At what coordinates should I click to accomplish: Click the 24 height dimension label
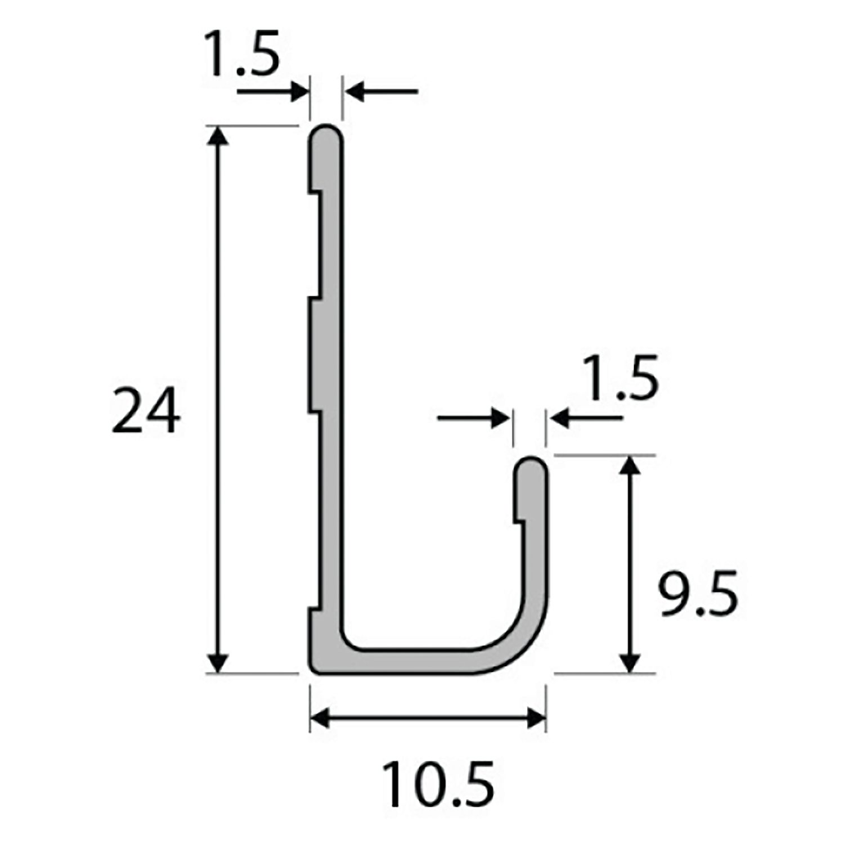pyautogui.click(x=146, y=411)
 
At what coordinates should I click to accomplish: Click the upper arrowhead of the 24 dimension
pyautogui.click(x=219, y=136)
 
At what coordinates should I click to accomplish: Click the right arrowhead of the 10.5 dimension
pyautogui.click(x=536, y=719)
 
